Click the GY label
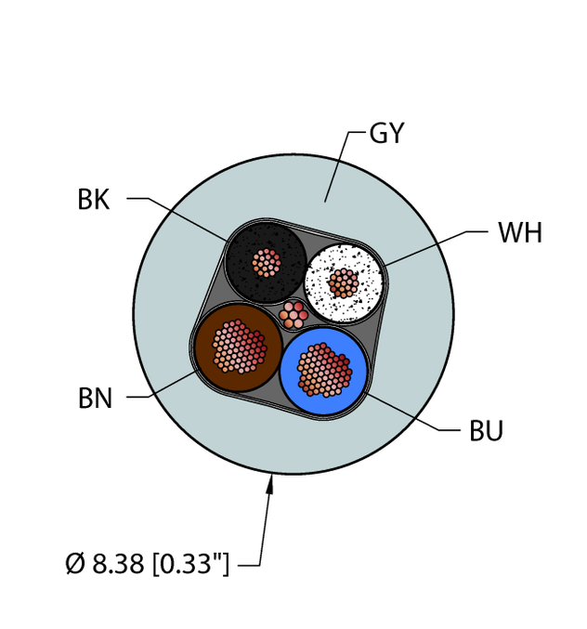click(x=386, y=133)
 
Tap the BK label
click(x=94, y=199)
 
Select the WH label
click(x=520, y=232)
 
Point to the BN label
click(x=95, y=398)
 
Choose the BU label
click(x=486, y=431)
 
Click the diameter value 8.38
click(x=118, y=563)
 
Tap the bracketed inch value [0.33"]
click(x=190, y=564)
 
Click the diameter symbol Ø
click(x=75, y=563)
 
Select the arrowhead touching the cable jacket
click(x=270, y=484)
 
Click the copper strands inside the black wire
click(x=267, y=263)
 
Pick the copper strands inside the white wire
click(x=344, y=283)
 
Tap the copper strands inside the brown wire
click(x=239, y=347)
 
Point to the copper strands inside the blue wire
click(x=324, y=370)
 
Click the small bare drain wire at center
click(x=293, y=315)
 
